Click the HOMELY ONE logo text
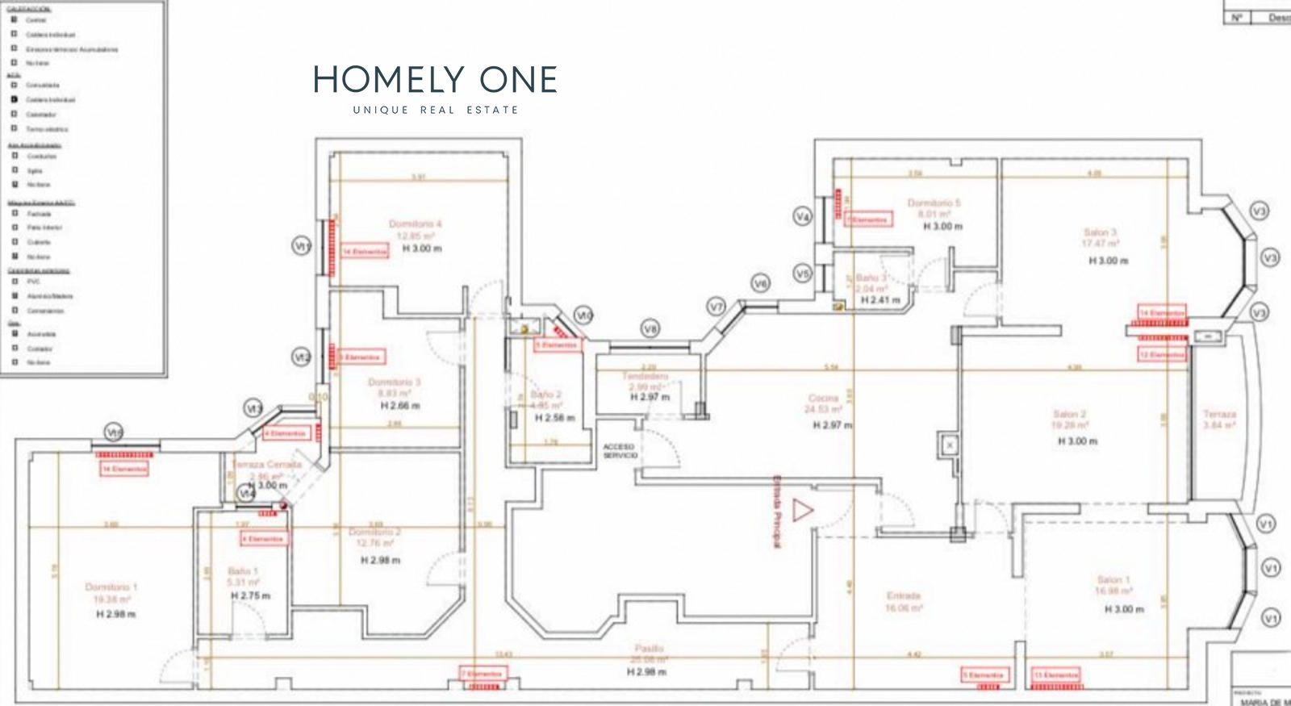click(x=435, y=80)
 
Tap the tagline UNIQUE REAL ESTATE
click(x=436, y=110)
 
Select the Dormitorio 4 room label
click(x=415, y=223)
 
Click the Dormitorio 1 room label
click(x=111, y=587)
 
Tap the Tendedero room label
click(x=645, y=377)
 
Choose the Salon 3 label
click(x=1101, y=232)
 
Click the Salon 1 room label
click(x=1113, y=579)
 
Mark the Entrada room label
click(x=904, y=596)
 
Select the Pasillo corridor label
click(x=649, y=648)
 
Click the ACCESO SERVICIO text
click(x=620, y=451)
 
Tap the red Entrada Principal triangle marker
click(x=802, y=510)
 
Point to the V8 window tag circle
click(x=651, y=328)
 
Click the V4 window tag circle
click(x=802, y=216)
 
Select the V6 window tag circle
click(x=760, y=283)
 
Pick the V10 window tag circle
click(x=584, y=315)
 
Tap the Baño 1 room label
click(x=243, y=570)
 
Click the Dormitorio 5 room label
click(x=934, y=203)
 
